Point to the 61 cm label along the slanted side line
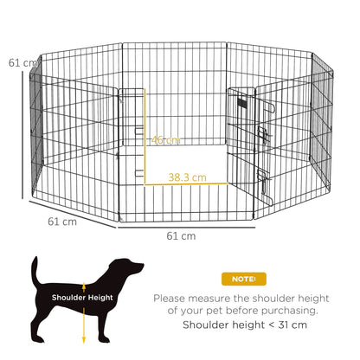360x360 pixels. click(x=63, y=221)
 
